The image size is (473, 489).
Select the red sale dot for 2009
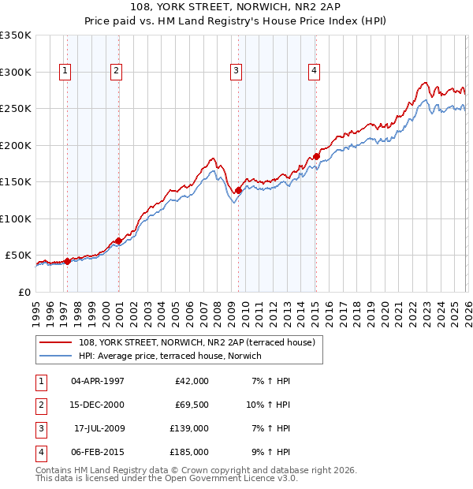238,190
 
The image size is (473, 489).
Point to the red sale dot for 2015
316,156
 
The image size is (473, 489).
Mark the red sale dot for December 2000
119,241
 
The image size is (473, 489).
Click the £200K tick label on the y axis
15,145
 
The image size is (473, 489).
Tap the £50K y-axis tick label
17,256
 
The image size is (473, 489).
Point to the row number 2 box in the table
39,405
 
